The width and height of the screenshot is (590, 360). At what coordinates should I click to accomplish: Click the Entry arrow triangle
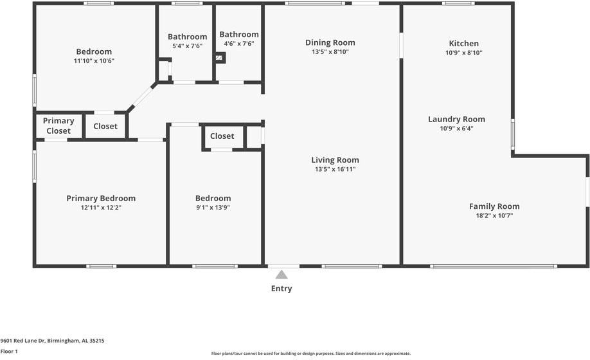click(282, 274)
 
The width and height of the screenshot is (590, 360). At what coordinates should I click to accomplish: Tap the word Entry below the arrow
click(282, 289)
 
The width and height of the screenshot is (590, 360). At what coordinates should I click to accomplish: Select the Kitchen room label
click(463, 43)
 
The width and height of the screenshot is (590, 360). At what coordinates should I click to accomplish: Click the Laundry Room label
click(456, 119)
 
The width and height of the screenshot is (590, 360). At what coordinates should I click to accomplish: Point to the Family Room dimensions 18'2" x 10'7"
click(494, 216)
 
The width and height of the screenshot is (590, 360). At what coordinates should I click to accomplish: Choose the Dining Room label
click(330, 42)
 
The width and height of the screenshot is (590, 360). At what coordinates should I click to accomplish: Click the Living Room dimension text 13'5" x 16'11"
click(335, 170)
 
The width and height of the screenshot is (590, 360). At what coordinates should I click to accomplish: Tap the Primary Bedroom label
click(101, 198)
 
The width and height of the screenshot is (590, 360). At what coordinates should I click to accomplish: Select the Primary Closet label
click(58, 125)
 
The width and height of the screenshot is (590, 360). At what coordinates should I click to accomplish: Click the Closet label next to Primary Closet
click(105, 126)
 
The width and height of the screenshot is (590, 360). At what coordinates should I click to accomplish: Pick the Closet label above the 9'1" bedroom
click(222, 136)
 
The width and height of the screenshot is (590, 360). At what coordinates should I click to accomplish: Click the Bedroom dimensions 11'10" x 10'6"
click(94, 61)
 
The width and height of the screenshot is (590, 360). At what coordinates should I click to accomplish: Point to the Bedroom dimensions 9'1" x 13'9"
click(213, 208)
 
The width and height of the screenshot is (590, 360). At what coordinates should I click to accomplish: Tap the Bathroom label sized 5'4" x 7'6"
click(187, 37)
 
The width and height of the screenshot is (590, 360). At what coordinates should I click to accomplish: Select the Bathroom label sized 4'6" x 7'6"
click(239, 34)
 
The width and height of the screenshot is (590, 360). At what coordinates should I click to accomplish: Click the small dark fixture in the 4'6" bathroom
click(220, 58)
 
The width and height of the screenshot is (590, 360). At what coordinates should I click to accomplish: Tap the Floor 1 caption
click(9, 352)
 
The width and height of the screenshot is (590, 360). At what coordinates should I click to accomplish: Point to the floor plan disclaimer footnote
click(310, 353)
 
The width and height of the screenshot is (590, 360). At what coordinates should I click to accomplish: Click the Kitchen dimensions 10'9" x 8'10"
click(463, 53)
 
